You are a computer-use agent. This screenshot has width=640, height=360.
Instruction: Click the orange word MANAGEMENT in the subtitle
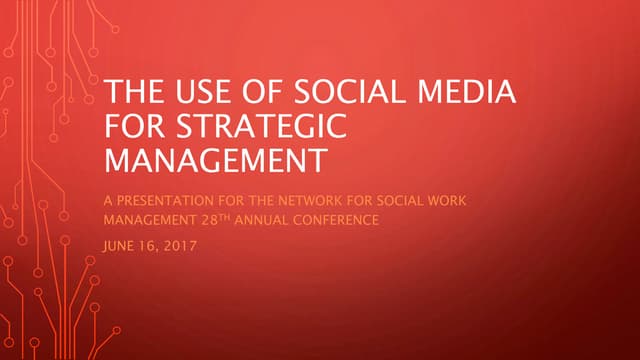tap(148, 219)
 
